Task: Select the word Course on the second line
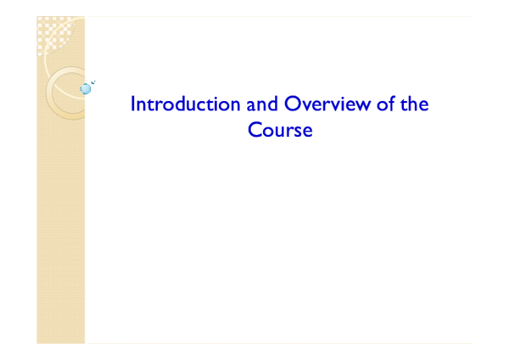click(x=280, y=131)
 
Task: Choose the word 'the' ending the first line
click(x=414, y=104)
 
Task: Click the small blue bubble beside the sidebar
click(x=85, y=88)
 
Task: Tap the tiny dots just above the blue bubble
click(x=92, y=82)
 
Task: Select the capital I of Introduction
click(x=132, y=104)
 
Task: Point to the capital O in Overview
click(x=292, y=104)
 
